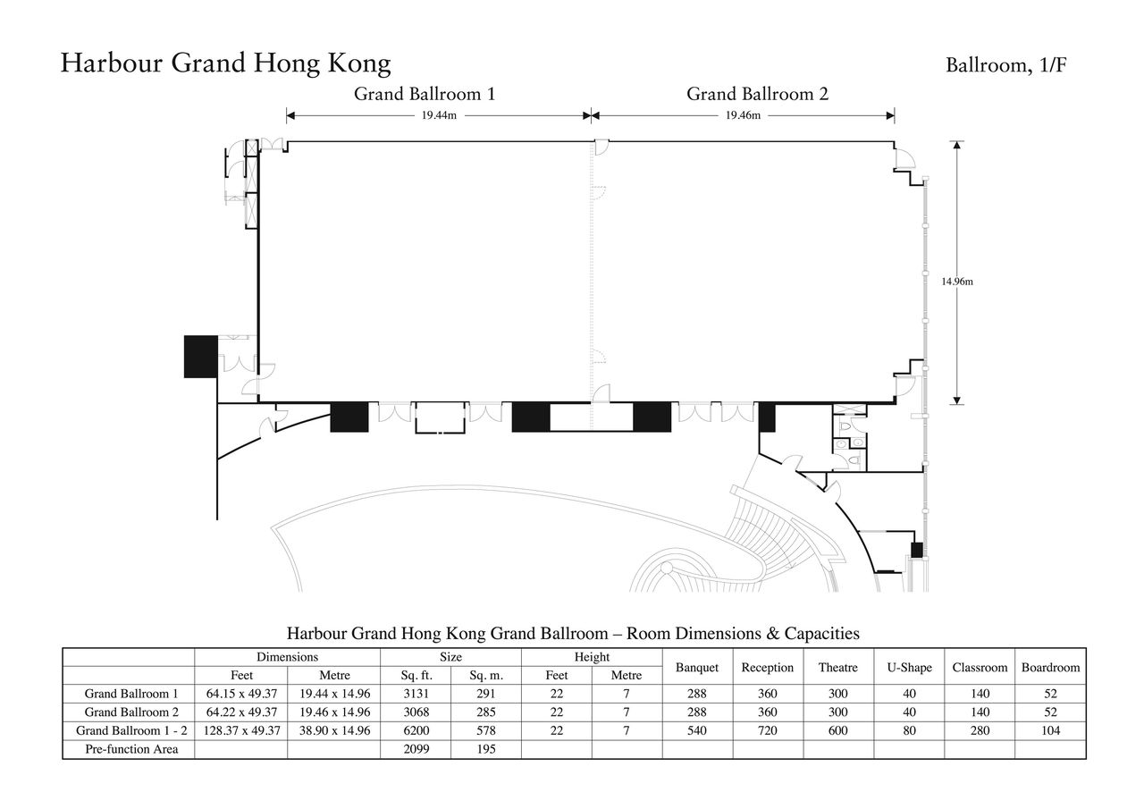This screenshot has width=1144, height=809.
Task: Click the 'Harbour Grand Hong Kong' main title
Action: coord(226,63)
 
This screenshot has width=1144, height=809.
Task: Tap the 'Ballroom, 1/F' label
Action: coord(1005,65)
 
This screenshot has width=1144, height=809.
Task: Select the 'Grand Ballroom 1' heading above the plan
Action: coord(425,94)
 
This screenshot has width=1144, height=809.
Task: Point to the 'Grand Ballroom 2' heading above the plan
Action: coord(757,94)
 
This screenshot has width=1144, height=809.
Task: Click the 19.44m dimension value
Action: coord(439,115)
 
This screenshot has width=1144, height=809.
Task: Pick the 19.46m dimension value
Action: coord(743,115)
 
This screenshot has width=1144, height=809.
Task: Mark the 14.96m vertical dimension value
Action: coord(957,282)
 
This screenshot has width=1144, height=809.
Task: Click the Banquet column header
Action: coord(697,668)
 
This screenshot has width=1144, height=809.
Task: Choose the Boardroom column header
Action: coord(1050,668)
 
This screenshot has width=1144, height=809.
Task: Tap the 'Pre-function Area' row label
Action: coord(131,749)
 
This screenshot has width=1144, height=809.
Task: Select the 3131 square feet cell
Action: coord(416,694)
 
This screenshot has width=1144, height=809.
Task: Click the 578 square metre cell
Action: coord(486,730)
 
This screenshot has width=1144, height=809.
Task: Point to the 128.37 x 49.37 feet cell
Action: coord(242,730)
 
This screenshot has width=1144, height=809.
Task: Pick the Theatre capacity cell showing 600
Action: coord(838,730)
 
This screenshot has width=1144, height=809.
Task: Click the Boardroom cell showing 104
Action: coord(1050,730)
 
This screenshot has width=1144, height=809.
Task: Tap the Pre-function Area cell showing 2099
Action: coord(416,749)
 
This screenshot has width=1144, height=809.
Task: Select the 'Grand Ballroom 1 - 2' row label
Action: coord(131,730)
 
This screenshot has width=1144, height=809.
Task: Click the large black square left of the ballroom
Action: coord(201,357)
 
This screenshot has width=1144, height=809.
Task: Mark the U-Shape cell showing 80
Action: coord(909,730)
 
